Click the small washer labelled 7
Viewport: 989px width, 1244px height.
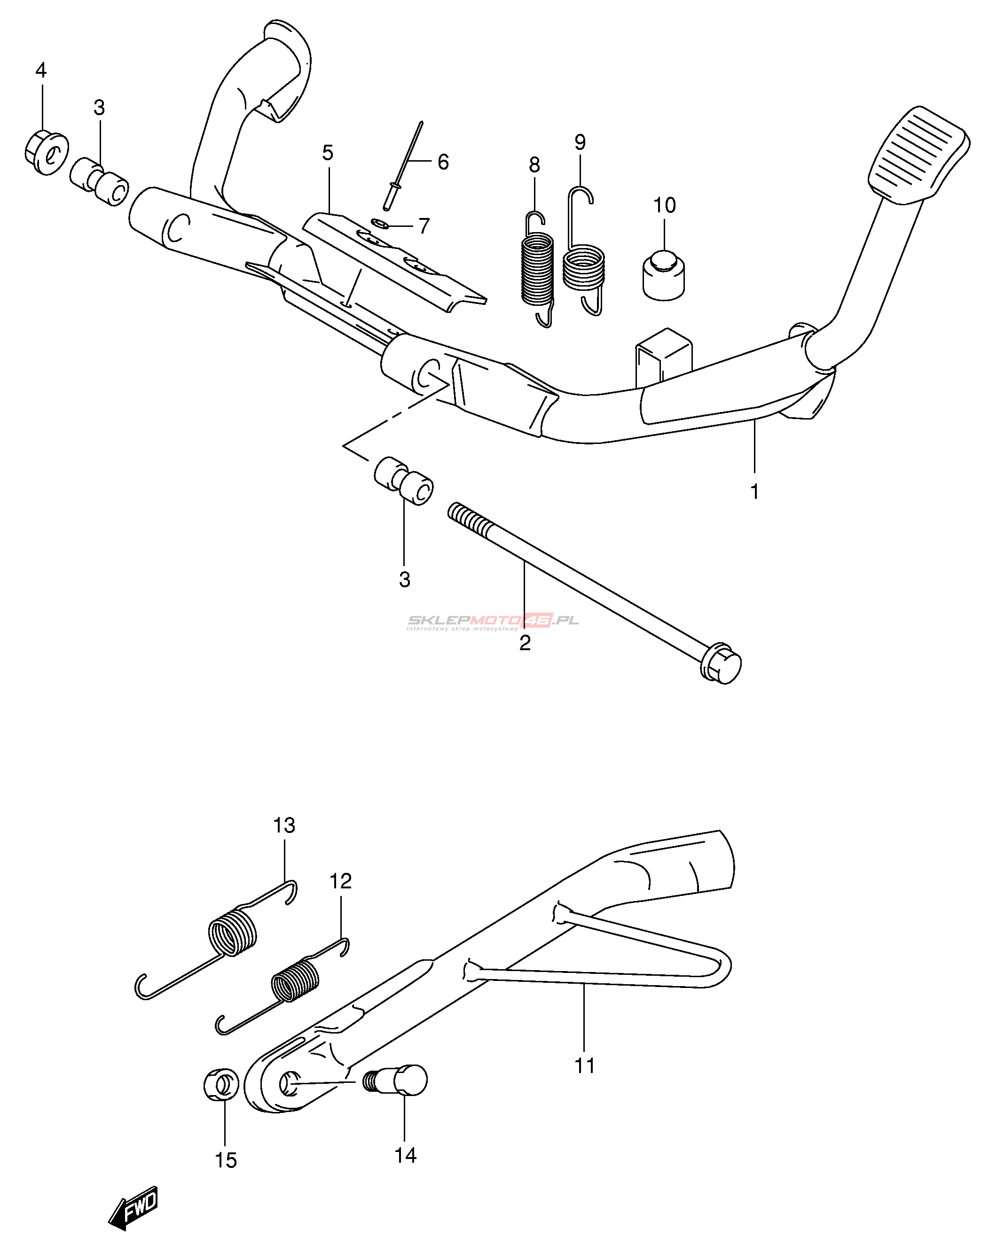coord(379,223)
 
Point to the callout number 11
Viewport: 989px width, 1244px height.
coord(584,1065)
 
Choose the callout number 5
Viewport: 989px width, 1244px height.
coord(327,153)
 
